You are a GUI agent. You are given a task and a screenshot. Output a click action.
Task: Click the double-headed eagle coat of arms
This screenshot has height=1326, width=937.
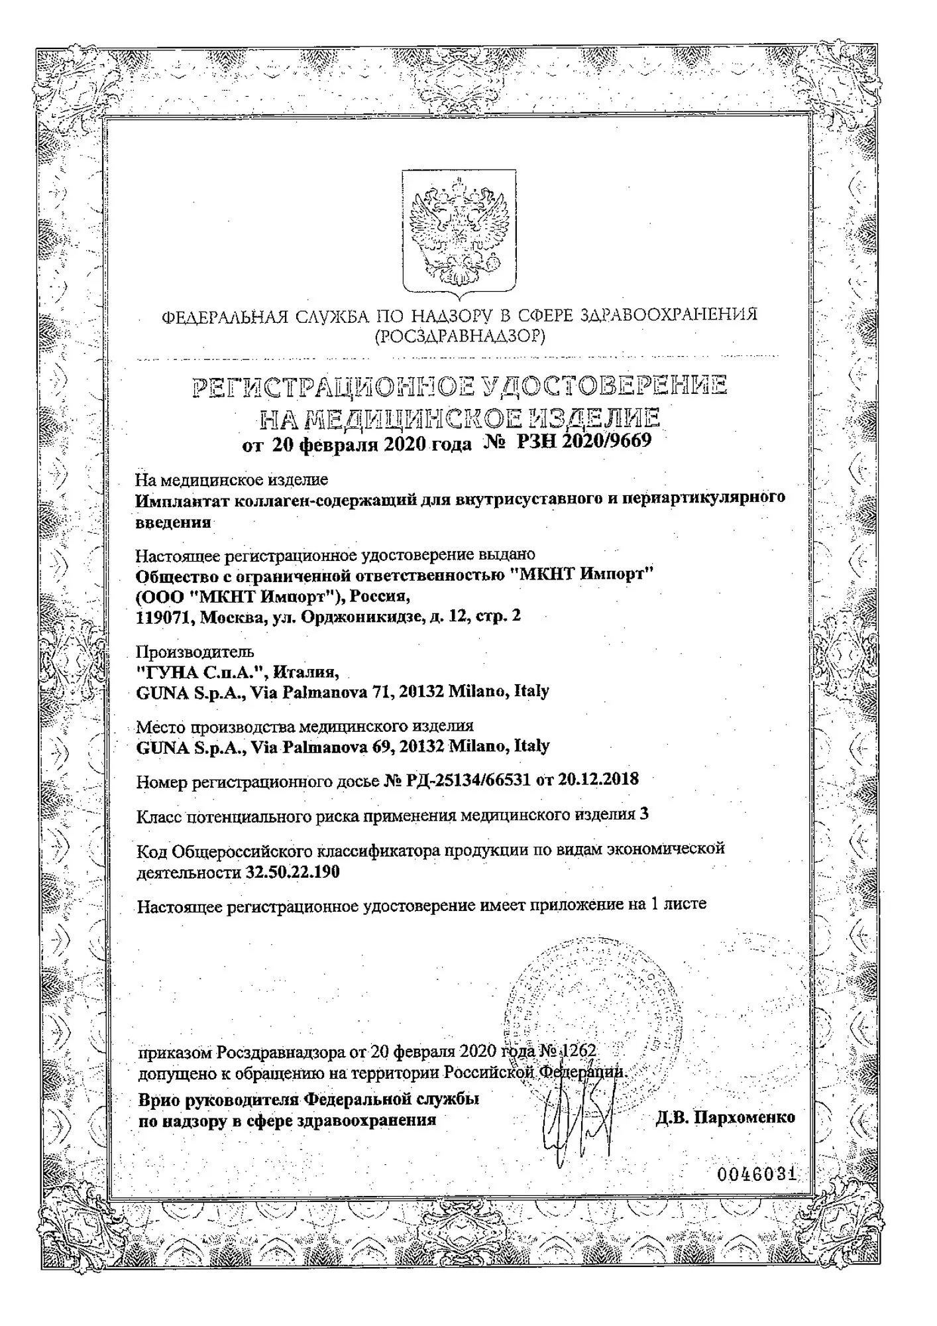click(459, 232)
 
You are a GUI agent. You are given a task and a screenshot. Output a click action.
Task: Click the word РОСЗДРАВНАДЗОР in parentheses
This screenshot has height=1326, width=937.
click(460, 337)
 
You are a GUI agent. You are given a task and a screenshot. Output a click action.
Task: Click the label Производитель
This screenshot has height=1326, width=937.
click(195, 652)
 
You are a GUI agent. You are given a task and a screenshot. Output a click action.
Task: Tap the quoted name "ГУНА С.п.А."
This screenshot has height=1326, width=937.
click(201, 672)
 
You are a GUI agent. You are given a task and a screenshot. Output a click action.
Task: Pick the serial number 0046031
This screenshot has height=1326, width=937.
click(756, 1175)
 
